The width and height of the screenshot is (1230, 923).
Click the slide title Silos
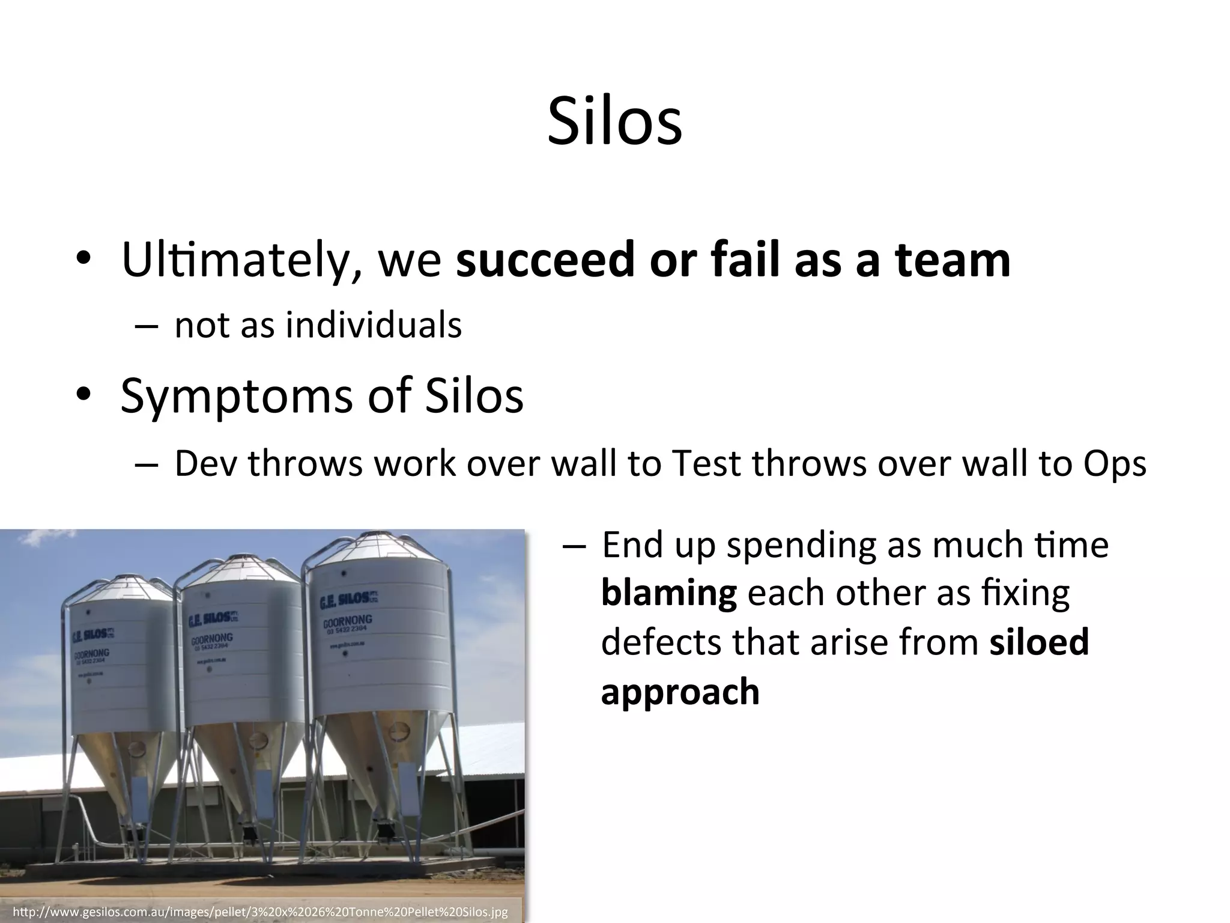(x=614, y=122)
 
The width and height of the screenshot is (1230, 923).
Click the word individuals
(x=373, y=326)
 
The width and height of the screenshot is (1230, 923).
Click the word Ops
(x=1115, y=464)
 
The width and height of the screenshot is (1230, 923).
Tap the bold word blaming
(x=668, y=594)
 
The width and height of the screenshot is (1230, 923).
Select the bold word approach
(x=680, y=692)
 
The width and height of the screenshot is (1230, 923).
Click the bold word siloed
(x=1039, y=642)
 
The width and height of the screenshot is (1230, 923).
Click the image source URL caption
(x=259, y=912)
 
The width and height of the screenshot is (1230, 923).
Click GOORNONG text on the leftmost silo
(x=91, y=653)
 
